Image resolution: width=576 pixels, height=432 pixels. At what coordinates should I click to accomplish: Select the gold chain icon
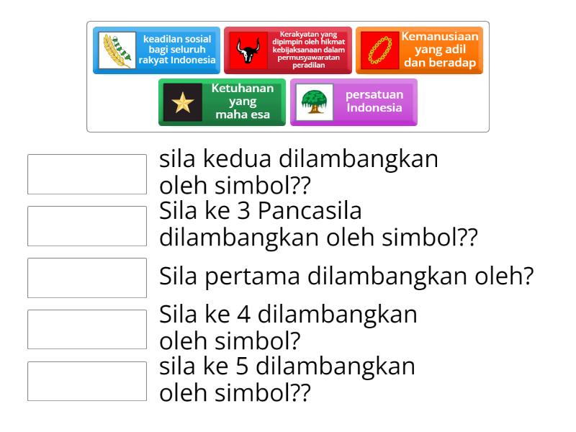tap(379, 50)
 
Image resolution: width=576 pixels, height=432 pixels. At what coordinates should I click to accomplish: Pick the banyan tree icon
tap(314, 102)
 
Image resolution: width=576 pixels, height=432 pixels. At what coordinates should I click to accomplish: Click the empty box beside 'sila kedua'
tap(87, 174)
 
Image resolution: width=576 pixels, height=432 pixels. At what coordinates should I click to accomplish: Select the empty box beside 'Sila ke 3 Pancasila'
tap(87, 225)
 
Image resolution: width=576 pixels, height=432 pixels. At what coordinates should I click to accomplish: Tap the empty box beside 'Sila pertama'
tap(87, 277)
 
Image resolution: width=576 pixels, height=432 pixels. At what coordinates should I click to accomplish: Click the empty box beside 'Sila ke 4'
tap(87, 329)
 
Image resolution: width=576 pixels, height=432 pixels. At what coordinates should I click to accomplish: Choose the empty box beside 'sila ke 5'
tap(87, 381)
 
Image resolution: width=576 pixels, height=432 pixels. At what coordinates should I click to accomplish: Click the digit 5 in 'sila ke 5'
tap(243, 366)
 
